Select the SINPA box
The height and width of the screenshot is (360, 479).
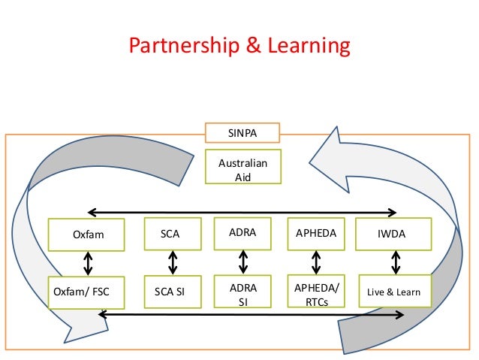243,133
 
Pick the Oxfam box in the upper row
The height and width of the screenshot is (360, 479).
87,234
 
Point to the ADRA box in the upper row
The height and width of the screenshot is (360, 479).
243,232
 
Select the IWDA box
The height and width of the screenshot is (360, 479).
393,234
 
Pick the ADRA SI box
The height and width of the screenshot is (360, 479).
243,293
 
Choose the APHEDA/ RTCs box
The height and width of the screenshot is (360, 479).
315,293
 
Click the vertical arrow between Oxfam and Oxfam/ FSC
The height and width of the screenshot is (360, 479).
89,263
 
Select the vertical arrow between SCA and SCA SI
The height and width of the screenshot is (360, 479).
173,263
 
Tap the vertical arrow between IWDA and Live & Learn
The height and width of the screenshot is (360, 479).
396,263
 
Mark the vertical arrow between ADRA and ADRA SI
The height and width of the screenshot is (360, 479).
243,262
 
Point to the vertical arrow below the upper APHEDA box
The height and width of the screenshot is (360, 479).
315,262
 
